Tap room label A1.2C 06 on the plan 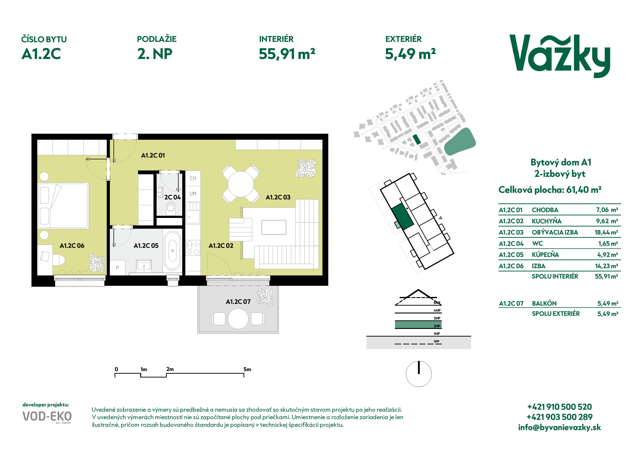click(x=72, y=246)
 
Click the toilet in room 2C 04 click(x=171, y=208)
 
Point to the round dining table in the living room click(x=241, y=184)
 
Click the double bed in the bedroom click(x=63, y=206)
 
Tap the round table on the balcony click(x=238, y=319)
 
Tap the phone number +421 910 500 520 click(x=560, y=407)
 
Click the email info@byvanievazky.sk click(x=560, y=427)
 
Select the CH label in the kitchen click(x=193, y=178)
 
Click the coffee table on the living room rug click(x=274, y=227)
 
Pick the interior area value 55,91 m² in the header click(x=287, y=54)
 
